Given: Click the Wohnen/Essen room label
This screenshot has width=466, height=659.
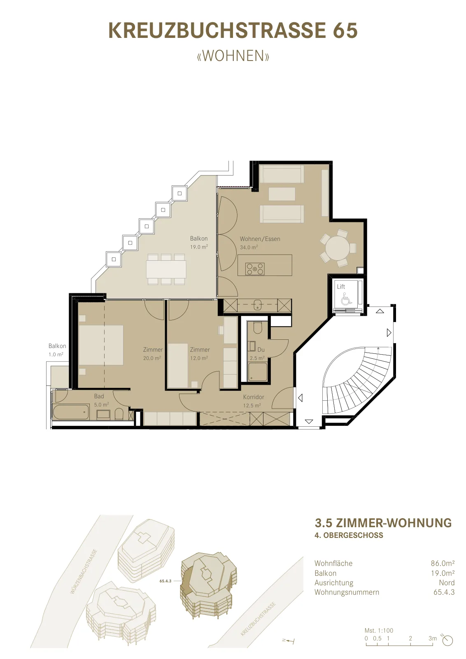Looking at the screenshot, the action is pos(260,239).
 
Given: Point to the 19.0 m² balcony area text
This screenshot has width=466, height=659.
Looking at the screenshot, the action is pos(199,247).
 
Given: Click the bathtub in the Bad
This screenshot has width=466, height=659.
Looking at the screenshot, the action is pos(71,412).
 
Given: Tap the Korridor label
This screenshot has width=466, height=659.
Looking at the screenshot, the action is pos(254,397).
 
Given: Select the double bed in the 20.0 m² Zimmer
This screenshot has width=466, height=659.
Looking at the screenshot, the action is pos(101,345).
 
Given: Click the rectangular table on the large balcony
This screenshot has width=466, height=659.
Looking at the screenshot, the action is pos(166,269).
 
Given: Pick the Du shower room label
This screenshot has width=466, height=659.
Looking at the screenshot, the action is pos(261,350).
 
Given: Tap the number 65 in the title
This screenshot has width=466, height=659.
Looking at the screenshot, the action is pos(345,30).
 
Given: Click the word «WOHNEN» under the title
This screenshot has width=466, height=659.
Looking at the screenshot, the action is pos(233,56).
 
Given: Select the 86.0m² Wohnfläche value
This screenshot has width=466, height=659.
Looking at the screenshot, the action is pos(443,563).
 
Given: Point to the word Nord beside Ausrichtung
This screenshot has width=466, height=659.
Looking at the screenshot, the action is pos(447,582).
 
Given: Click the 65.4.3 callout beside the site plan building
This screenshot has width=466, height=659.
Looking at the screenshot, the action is pos(165,581).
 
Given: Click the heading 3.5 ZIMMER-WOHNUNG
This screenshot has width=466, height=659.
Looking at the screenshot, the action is pos(383,523).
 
